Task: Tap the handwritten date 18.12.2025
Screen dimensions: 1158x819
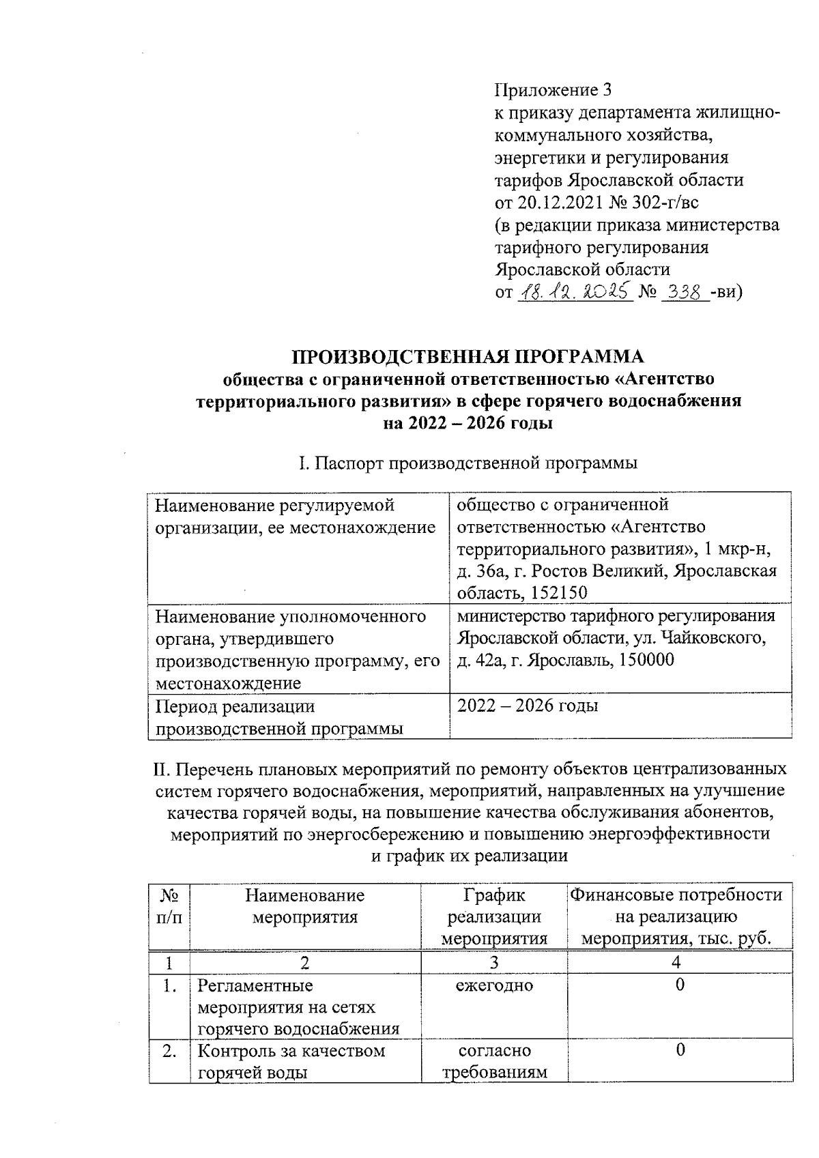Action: (574, 293)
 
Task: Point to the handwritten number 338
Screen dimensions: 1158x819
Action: (685, 293)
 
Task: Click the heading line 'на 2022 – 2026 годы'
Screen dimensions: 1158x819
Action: (468, 424)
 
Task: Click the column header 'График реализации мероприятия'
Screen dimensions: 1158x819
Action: (494, 916)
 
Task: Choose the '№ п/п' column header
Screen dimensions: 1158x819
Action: (169, 906)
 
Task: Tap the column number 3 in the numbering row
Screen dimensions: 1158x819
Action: (494, 963)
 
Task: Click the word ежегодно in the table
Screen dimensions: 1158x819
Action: (494, 985)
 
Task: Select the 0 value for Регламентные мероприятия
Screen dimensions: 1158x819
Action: (680, 985)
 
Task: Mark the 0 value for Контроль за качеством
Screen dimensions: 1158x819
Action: (680, 1050)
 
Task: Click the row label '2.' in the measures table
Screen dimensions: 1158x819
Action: (169, 1051)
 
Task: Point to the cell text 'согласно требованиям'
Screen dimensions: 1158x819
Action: (494, 1061)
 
